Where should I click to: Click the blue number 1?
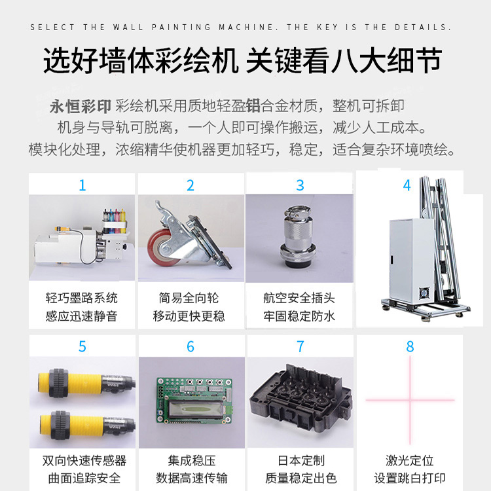(82, 185)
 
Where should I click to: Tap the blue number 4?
(407, 185)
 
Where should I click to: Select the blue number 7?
(300, 346)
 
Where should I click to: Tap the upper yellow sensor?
(86, 383)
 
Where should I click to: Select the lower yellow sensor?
(87, 425)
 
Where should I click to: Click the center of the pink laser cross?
(410, 400)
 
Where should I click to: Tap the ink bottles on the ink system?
(115, 220)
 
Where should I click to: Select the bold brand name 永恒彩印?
(80, 106)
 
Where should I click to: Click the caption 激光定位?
(410, 461)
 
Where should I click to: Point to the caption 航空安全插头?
(299, 298)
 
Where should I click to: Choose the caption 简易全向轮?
(189, 298)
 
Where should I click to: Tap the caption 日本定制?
(301, 461)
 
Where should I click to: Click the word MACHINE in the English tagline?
(246, 27)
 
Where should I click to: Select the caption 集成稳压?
(192, 461)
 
